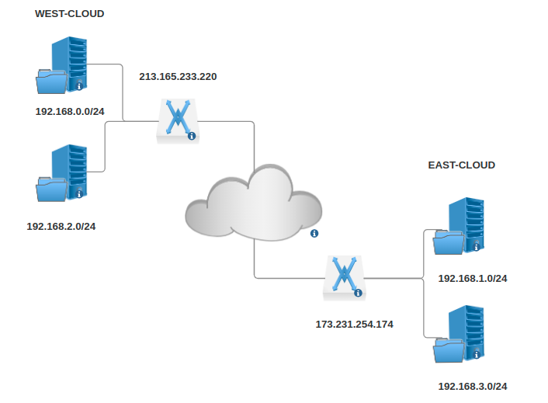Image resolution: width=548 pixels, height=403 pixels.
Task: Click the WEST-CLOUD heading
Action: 69,14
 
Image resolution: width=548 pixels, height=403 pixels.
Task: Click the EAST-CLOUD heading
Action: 461,165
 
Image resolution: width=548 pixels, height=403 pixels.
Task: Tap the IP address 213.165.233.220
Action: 178,77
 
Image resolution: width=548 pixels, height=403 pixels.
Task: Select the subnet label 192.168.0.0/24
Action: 70,111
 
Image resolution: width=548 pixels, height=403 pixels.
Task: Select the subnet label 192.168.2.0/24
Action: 61,226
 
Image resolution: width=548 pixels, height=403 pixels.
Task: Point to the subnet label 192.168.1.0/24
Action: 473,278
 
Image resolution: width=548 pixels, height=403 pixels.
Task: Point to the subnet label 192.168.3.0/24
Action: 473,386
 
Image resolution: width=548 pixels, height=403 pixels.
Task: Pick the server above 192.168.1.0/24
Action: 463,226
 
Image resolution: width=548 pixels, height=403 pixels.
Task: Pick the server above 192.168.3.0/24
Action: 463,335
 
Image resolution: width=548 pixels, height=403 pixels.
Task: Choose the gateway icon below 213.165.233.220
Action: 178,120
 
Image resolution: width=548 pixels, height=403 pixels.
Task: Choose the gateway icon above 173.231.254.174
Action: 344,277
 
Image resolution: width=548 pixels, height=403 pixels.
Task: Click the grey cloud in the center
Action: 253,203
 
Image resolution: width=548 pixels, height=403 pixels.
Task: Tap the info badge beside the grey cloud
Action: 314,233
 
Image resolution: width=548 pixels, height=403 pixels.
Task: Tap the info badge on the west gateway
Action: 192,136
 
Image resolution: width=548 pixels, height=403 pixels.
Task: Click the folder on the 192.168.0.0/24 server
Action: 53,80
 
